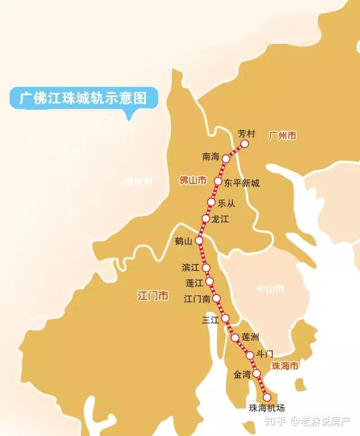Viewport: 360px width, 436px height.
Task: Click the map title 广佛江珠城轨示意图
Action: pos(83,98)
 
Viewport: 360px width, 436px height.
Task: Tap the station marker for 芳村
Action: pos(245,144)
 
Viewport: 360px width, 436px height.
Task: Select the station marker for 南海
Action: pos(226,159)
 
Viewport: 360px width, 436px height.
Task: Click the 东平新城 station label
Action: pos(242,183)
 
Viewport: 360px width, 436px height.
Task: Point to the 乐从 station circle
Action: pos(211,202)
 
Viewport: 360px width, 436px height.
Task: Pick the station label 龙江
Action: pos(220,219)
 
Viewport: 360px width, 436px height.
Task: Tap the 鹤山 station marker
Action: pos(199,240)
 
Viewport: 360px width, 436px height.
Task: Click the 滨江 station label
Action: pos(191,267)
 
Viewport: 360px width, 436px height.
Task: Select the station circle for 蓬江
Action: pos(209,281)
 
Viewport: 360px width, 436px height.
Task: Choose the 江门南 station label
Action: pos(197,299)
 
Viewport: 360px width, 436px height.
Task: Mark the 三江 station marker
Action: pos(225,318)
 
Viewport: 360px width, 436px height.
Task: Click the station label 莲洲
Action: pos(250,337)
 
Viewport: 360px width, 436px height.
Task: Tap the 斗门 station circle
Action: pos(250,355)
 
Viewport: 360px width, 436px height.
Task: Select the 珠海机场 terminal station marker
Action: pos(267,397)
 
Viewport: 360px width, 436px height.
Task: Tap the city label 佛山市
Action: pos(192,181)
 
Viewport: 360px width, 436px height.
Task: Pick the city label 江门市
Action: pos(153,296)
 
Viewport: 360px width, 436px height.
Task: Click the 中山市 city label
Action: pos(270,289)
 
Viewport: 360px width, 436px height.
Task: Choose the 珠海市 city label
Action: pos(285,366)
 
